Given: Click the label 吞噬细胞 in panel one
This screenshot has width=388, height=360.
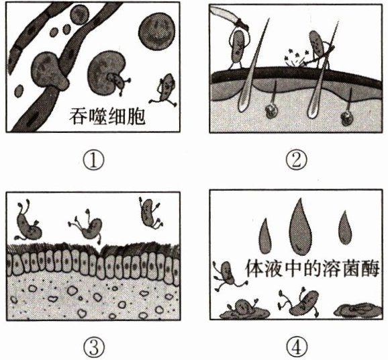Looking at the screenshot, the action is (x=107, y=116).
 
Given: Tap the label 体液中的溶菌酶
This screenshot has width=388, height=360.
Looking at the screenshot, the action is (x=312, y=268).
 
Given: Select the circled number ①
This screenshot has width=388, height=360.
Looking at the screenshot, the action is (x=93, y=161).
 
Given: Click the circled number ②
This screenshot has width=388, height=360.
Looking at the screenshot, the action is (x=296, y=161).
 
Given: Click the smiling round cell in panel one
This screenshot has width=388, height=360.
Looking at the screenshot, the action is (x=157, y=31).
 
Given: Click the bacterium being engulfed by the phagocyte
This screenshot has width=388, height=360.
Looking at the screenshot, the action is (x=118, y=83).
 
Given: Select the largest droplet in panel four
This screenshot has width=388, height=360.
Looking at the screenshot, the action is (x=301, y=226).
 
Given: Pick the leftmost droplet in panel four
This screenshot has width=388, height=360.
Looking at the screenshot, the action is (x=265, y=236).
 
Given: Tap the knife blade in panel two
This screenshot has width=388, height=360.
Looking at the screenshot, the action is (x=225, y=15).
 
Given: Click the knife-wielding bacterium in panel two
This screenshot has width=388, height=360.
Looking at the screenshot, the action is (x=238, y=49).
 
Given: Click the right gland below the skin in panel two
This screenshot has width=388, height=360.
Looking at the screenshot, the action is (x=348, y=118).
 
